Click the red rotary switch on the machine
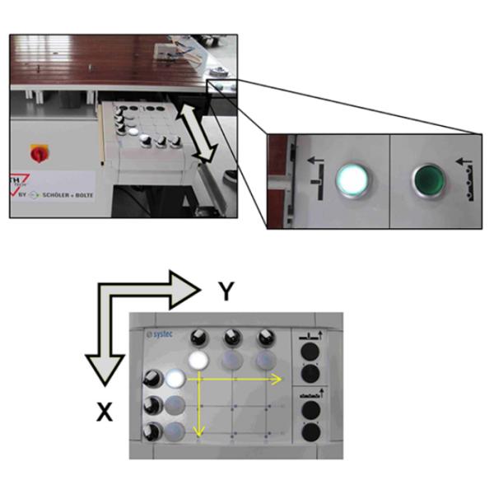[36, 153]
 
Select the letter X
[105, 412]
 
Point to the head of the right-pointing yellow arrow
[279, 378]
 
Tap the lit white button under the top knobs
[198, 361]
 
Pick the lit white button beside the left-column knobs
[175, 380]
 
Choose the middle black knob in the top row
[231, 338]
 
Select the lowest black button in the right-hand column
[310, 432]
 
